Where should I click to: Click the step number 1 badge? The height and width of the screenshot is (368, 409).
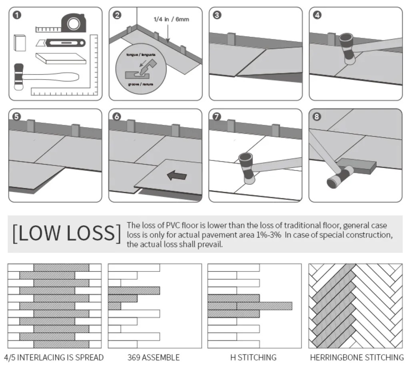(17, 16)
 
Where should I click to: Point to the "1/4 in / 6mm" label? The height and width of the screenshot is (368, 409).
(171, 19)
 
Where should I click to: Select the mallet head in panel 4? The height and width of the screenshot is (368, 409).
(346, 48)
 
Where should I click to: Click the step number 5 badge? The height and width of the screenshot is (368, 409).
(17, 117)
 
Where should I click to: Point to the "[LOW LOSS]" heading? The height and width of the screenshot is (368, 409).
(66, 234)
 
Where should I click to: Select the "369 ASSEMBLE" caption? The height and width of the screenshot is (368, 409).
(154, 357)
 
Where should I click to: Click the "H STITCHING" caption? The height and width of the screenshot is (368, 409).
(253, 357)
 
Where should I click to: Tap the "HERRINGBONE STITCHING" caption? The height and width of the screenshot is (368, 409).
(357, 357)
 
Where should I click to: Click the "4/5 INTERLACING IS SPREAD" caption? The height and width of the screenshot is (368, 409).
(54, 357)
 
